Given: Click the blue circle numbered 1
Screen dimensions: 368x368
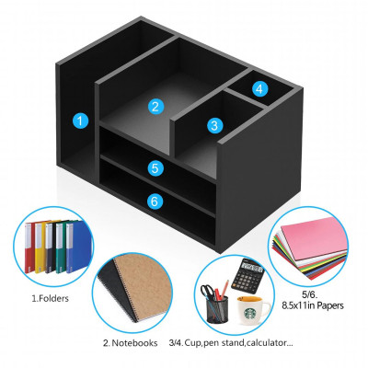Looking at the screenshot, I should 81,120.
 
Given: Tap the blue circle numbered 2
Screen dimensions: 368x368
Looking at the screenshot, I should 155,106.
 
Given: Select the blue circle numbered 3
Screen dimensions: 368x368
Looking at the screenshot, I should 214,124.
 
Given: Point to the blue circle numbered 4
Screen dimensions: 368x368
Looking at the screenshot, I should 259,89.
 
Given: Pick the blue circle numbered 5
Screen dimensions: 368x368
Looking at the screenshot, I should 155,168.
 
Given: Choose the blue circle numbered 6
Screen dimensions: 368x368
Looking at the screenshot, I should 155,199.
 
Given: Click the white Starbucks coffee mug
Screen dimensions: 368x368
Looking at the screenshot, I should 251,307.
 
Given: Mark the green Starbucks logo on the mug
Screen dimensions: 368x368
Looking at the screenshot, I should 247,311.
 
